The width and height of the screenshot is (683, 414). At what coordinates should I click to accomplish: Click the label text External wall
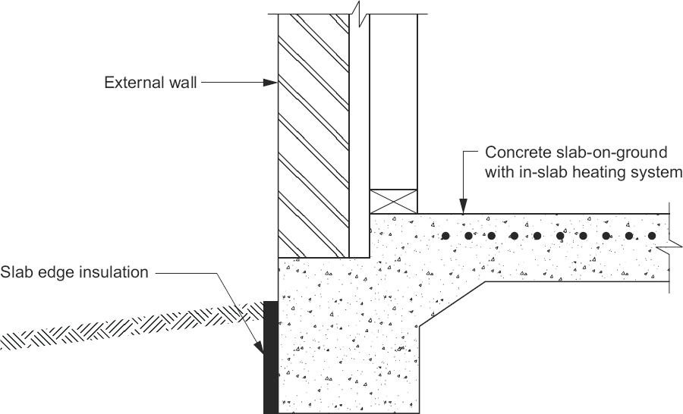pos(150,83)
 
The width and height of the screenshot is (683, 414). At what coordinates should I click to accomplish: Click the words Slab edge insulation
pos(74,271)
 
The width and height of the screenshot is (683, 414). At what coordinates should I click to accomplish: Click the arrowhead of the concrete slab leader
pos(463,207)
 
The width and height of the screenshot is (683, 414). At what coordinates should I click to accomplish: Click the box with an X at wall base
pos(393,201)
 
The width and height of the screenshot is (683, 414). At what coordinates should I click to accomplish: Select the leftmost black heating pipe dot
pos(447,236)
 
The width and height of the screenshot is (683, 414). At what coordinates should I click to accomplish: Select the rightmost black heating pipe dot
pos(651,236)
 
